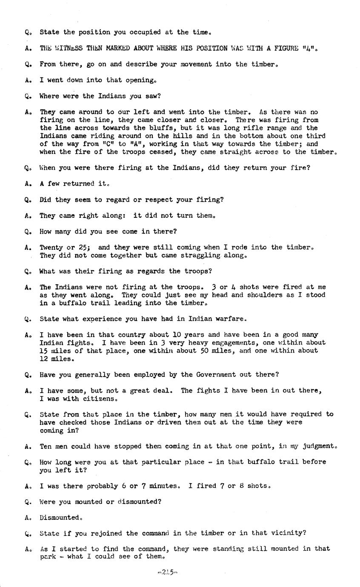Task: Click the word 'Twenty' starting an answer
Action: coord(51,247)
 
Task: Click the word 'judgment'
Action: coord(319,446)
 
